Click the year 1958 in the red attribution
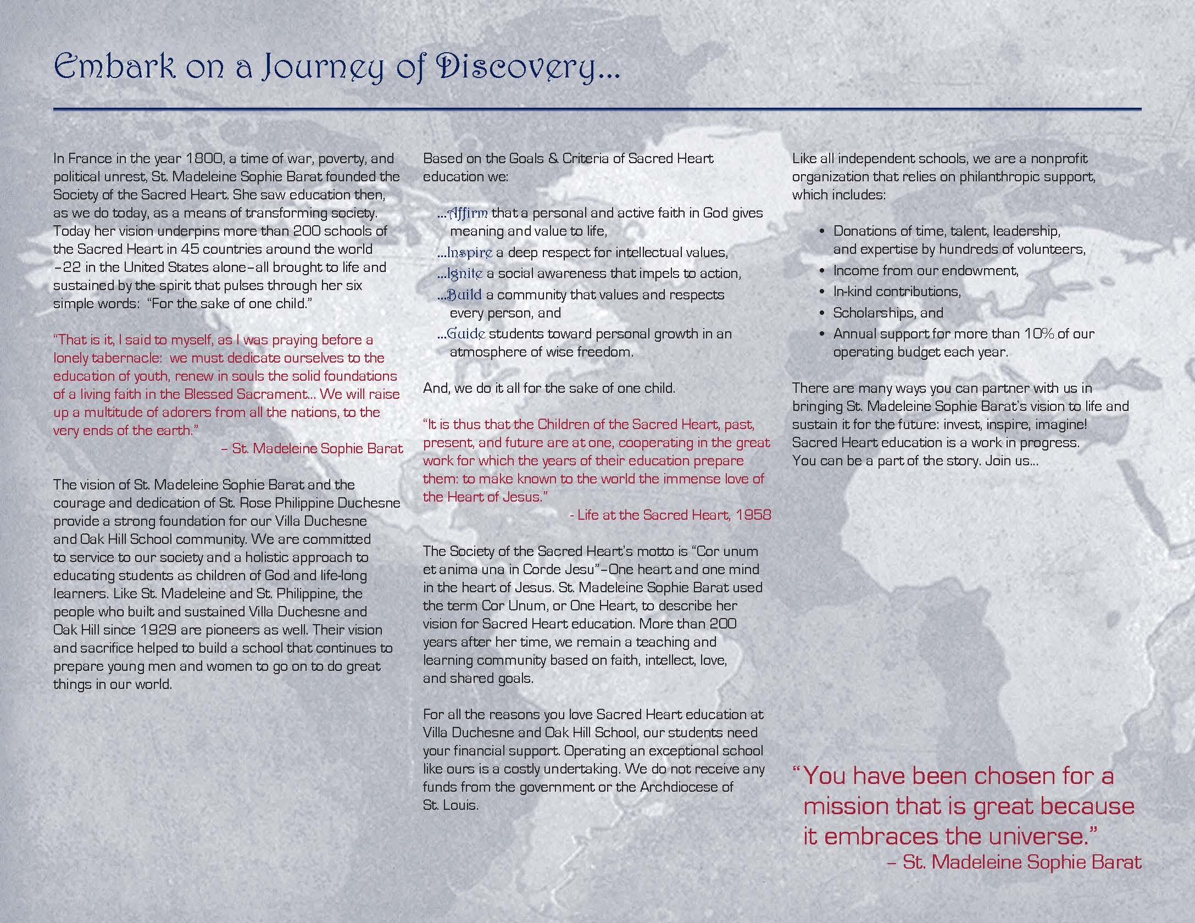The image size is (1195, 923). point(753,515)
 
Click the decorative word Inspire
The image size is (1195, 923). point(470,253)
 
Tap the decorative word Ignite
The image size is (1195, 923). point(465,274)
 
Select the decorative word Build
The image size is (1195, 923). point(464,295)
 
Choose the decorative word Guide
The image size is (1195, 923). point(466,333)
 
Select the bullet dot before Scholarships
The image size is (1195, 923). point(822,313)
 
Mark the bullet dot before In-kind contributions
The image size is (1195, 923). point(822,292)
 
